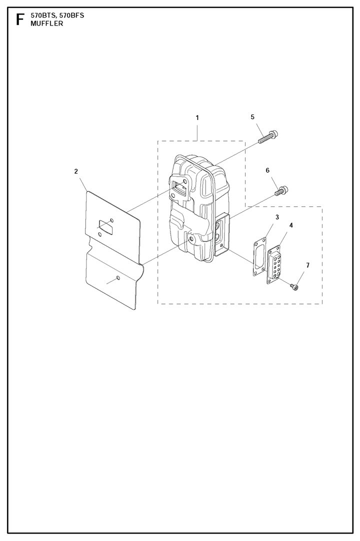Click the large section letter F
click(x=19, y=19)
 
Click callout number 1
click(x=197, y=117)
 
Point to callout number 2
click(x=76, y=171)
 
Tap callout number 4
click(x=291, y=225)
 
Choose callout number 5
click(x=252, y=116)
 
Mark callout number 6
click(x=267, y=170)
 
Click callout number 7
click(x=308, y=264)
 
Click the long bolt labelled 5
click(x=268, y=136)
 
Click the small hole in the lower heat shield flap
click(x=118, y=277)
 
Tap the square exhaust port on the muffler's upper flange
click(x=179, y=188)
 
